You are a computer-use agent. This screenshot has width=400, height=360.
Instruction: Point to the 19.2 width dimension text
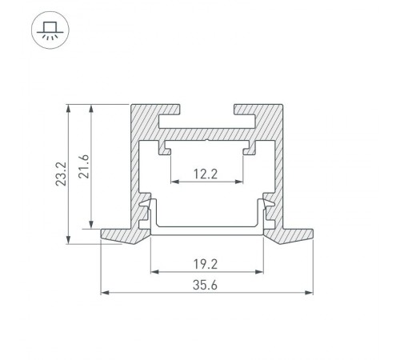(206, 261)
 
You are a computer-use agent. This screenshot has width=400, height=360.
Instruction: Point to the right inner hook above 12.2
(247, 147)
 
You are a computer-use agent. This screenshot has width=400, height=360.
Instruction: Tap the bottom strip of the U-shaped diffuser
(206, 230)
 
